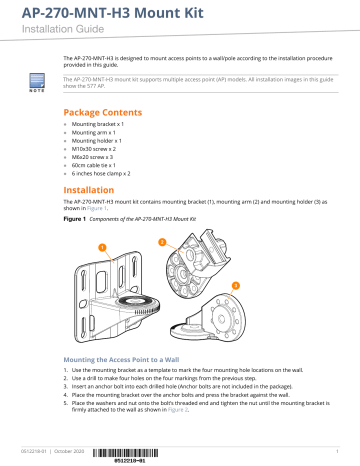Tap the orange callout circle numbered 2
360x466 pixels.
162,241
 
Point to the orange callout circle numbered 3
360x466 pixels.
235,285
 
